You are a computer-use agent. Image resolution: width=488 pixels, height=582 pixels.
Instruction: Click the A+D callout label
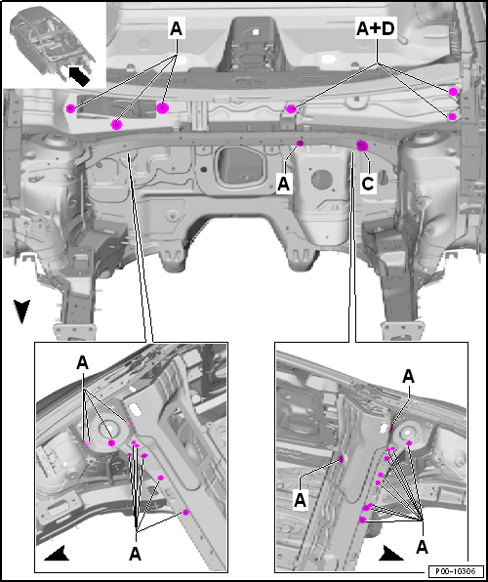(x=376, y=29)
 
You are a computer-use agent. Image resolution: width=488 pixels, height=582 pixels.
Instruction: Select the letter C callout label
(x=367, y=184)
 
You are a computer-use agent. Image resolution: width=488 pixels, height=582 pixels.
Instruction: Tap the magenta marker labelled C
(x=362, y=145)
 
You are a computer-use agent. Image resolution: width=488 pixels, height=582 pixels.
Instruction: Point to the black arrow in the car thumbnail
(x=79, y=76)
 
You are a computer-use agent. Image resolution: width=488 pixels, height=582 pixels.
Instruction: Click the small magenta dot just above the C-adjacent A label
(x=301, y=144)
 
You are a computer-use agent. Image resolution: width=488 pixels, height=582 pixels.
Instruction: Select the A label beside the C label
(x=283, y=185)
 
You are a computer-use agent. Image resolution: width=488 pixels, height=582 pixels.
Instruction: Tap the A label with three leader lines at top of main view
(x=177, y=29)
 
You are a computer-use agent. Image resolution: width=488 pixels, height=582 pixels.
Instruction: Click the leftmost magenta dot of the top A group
(x=70, y=108)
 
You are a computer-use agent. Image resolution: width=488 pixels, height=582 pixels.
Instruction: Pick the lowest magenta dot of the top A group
(x=116, y=125)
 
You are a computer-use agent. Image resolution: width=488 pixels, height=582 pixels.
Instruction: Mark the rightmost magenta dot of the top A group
(x=163, y=108)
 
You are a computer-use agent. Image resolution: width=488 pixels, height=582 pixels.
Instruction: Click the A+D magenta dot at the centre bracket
(x=291, y=108)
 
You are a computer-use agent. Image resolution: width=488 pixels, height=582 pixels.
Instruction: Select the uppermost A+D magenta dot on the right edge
(x=453, y=92)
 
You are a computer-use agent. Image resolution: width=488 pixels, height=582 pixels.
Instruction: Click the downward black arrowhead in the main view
(x=21, y=312)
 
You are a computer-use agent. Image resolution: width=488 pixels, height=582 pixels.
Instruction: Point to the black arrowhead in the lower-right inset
(x=390, y=553)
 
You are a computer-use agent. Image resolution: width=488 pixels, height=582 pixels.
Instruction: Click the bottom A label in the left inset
(x=135, y=555)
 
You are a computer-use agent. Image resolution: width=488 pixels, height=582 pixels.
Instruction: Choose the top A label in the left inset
(x=82, y=363)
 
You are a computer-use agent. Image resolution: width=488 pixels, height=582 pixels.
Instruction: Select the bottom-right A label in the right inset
(x=422, y=547)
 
